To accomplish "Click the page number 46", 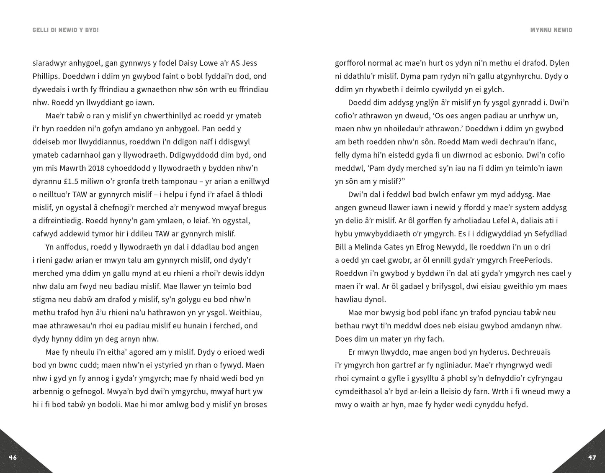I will click(x=13, y=458).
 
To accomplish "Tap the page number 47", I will click(x=592, y=458).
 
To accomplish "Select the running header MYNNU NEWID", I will click(x=551, y=30).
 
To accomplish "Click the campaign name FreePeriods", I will click(x=530, y=260).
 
